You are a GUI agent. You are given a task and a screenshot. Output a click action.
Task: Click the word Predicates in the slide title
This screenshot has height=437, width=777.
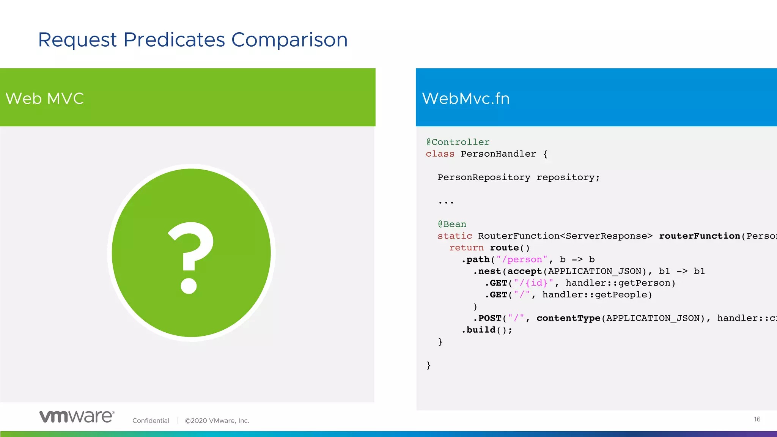pos(174,40)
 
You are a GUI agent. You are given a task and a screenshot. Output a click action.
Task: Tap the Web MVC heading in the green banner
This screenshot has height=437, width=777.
pos(44,99)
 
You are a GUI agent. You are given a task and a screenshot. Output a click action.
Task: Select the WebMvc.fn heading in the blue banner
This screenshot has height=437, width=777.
pos(466,99)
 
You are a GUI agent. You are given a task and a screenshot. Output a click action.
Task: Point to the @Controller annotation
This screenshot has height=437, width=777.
pos(458,142)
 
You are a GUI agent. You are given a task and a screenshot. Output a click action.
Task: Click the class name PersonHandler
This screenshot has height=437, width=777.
pos(498,154)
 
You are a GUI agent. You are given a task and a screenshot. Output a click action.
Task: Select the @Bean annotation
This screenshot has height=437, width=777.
pos(452,224)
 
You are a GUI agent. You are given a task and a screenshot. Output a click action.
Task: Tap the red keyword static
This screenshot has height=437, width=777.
pos(455,236)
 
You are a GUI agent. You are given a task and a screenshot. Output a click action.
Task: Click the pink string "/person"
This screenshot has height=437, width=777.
pos(522,259)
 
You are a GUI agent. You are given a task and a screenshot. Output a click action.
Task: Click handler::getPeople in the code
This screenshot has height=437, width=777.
pos(597,295)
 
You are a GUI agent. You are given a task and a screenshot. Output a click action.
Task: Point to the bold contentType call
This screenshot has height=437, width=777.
pos(568,318)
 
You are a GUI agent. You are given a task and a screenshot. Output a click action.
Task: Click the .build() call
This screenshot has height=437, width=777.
pos(487,330)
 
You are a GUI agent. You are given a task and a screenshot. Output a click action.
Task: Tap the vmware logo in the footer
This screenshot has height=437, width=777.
pos(77,417)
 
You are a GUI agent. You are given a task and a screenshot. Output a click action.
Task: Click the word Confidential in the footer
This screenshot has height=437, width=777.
pos(151,421)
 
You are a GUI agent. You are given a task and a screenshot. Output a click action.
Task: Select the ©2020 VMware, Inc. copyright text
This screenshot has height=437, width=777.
pos(217,421)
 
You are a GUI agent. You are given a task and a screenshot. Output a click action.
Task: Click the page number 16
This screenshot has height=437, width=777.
pos(757,419)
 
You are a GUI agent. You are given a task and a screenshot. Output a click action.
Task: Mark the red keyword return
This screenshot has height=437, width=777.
pos(466,248)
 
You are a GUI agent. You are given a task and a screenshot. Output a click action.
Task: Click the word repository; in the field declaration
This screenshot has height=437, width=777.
pos(568,178)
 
